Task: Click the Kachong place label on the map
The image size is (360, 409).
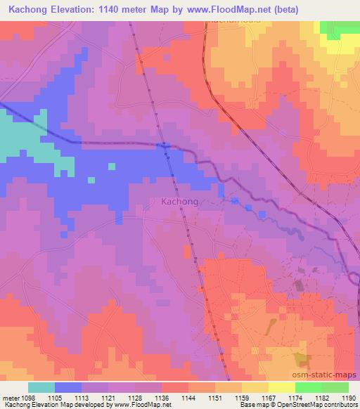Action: [179, 201]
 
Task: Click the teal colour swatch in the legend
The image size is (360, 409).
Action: [41, 387]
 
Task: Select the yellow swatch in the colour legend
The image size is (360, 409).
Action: [282, 387]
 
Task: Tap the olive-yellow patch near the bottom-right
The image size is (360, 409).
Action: [303, 360]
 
